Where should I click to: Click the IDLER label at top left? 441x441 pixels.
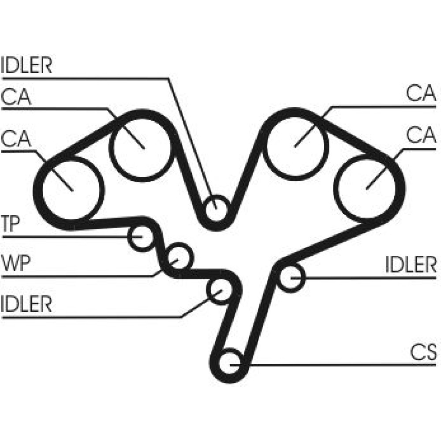tap(26, 65)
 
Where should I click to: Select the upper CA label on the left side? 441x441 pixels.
tap(16, 97)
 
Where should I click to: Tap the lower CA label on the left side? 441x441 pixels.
tap(16, 138)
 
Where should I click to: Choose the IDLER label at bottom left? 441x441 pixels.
tap(26, 304)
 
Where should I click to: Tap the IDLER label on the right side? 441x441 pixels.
tap(411, 265)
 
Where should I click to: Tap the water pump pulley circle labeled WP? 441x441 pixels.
tap(179, 256)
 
